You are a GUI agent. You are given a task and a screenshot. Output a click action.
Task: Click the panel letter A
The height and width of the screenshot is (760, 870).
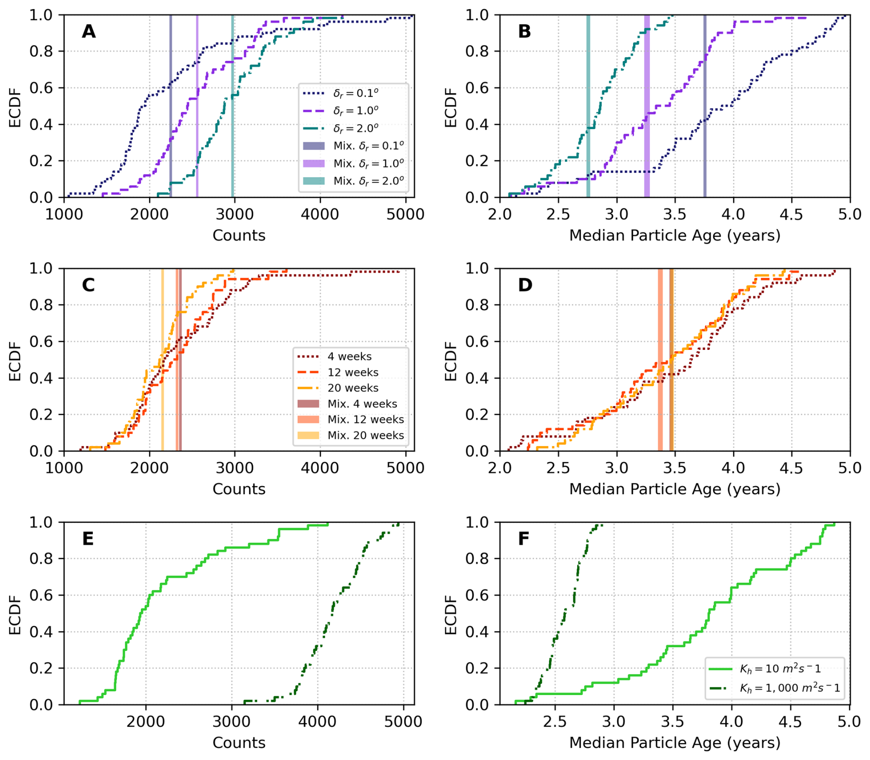pyautogui.click(x=88, y=31)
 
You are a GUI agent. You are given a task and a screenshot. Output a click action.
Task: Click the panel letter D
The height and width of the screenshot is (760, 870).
pyautogui.click(x=525, y=285)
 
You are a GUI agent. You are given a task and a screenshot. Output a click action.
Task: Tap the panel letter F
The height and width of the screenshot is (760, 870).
pyautogui.click(x=524, y=539)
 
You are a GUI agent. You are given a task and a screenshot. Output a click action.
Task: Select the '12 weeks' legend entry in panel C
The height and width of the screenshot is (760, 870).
pyautogui.click(x=353, y=372)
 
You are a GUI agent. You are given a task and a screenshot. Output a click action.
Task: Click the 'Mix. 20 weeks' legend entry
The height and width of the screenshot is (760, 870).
pyautogui.click(x=366, y=435)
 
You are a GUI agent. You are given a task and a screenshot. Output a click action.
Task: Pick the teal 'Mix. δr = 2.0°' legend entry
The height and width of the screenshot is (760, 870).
pyautogui.click(x=368, y=181)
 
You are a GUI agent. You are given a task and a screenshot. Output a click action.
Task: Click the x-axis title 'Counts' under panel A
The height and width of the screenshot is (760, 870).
pyautogui.click(x=239, y=235)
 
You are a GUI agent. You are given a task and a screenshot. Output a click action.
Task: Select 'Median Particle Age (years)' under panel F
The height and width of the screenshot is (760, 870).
pyautogui.click(x=675, y=743)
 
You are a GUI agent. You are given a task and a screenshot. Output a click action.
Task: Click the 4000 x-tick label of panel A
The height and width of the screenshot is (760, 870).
pyautogui.click(x=320, y=214)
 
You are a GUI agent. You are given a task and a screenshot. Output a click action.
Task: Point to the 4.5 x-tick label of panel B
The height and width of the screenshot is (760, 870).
pyautogui.click(x=791, y=214)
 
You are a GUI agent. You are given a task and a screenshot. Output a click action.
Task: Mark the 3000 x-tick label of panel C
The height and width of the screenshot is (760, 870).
pyautogui.click(x=235, y=468)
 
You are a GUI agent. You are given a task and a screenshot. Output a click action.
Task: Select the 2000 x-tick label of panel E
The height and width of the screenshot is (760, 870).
pyautogui.click(x=146, y=722)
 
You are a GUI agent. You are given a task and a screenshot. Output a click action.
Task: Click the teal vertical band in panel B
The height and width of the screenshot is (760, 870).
pyautogui.click(x=588, y=106)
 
